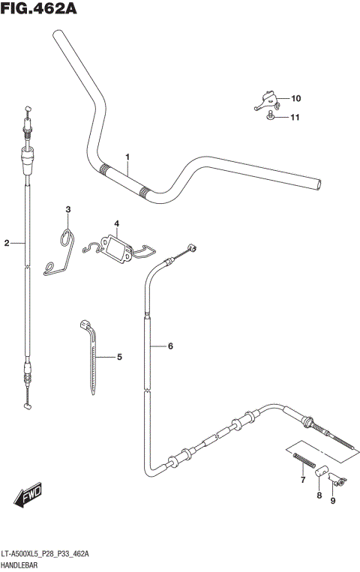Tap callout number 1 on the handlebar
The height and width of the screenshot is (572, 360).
(x=127, y=157)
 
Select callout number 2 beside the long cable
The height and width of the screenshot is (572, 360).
(x=7, y=243)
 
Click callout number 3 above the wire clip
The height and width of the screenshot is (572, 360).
(x=67, y=209)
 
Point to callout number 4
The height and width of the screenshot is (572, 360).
(x=117, y=223)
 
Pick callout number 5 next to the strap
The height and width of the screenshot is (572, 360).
(x=118, y=358)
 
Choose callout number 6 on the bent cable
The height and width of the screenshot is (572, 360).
(x=170, y=346)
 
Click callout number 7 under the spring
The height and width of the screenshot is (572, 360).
(x=302, y=480)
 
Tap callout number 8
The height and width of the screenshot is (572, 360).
(x=318, y=496)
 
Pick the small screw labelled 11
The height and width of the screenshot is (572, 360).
(x=270, y=115)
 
